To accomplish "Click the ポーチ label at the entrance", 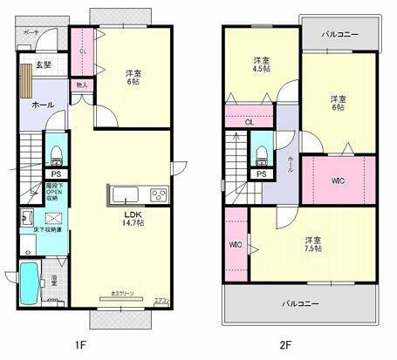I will (x=31, y=32).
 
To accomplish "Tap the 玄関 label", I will (x=43, y=65).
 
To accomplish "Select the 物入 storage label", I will (x=81, y=85).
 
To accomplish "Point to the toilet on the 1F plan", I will (x=55, y=154).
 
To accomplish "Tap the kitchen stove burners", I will (x=159, y=194).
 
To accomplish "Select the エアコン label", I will (x=161, y=300).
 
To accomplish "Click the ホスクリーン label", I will (x=122, y=295).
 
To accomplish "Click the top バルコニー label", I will (x=339, y=35).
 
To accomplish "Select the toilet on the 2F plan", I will (x=261, y=154).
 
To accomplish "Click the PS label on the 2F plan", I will (x=260, y=174).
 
